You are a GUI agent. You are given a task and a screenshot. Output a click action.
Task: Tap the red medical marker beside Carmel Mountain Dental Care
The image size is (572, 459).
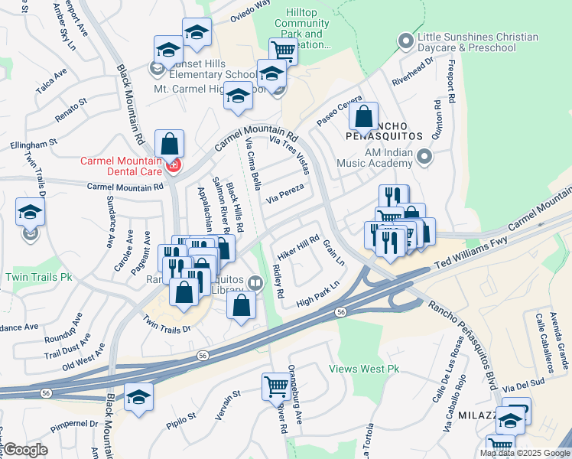[174, 165]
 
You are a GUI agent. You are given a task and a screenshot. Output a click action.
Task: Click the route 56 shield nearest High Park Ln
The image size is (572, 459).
[340, 312]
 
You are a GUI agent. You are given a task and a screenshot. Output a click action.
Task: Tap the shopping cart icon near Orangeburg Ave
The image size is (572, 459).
[276, 385]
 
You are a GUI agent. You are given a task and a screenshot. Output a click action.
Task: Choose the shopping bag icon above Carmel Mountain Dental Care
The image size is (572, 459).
[169, 143]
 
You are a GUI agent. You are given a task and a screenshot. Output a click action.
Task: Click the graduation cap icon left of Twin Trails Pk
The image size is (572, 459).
[30, 212]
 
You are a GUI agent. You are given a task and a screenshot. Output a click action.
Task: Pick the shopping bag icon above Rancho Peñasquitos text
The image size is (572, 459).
[364, 117]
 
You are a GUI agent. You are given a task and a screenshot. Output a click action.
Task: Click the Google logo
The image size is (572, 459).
[25, 450]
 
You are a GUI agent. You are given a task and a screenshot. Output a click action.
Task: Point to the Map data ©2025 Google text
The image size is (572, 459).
[523, 453]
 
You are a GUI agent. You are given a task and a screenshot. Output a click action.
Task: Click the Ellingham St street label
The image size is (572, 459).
[33, 143]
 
